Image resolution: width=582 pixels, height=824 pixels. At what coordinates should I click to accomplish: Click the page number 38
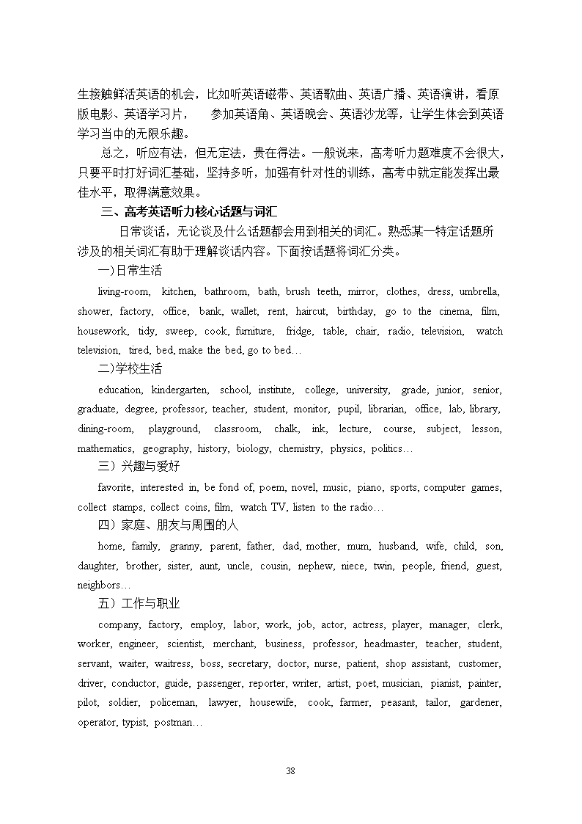coord(290,770)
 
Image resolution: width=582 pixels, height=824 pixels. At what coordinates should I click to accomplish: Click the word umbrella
coord(479,292)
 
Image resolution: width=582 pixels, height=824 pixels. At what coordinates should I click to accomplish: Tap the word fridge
coord(299,332)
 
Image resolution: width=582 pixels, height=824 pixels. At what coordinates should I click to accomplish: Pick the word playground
coord(174,429)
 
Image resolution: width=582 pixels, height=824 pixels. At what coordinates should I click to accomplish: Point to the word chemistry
coord(300,449)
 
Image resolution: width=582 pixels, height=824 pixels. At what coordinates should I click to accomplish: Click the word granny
coord(185,547)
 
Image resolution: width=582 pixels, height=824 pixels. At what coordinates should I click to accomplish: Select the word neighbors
coord(100,586)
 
